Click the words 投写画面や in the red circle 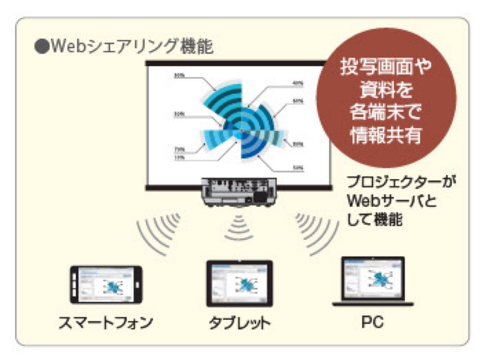click(386, 67)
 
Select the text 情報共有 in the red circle click(386, 135)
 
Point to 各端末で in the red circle click(386, 113)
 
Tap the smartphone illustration click(106, 285)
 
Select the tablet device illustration click(239, 283)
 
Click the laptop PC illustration click(373, 281)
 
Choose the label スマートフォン click(106, 322)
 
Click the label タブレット click(239, 323)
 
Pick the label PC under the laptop click(373, 322)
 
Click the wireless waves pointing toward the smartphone click(159, 232)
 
